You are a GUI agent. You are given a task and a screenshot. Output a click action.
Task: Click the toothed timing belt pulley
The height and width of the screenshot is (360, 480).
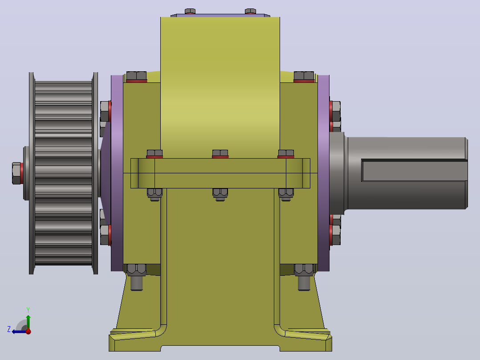tap(63, 173)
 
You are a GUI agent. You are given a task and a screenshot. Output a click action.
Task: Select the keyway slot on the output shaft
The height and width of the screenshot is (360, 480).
tap(414, 170)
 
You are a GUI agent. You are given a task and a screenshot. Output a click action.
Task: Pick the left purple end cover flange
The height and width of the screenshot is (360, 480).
tap(117, 173)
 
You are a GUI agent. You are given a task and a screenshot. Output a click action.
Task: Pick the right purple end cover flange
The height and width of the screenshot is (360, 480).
tap(324, 173)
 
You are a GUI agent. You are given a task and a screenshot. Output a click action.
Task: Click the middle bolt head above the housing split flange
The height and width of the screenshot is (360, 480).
tap(220, 154)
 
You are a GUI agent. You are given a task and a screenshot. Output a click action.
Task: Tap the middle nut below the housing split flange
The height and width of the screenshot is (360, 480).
tap(220, 194)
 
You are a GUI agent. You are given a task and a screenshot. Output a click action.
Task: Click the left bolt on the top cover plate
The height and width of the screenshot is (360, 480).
tap(190, 11)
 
